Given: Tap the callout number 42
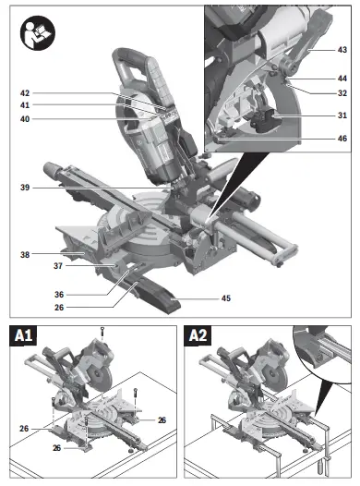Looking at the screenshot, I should [x=51, y=93].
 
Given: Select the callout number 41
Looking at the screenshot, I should [x=51, y=106].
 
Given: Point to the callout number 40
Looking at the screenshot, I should [x=51, y=119].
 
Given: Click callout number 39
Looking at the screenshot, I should [x=51, y=188].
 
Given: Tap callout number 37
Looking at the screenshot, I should [x=56, y=266].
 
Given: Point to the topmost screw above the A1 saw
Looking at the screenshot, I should [x=103, y=331].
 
